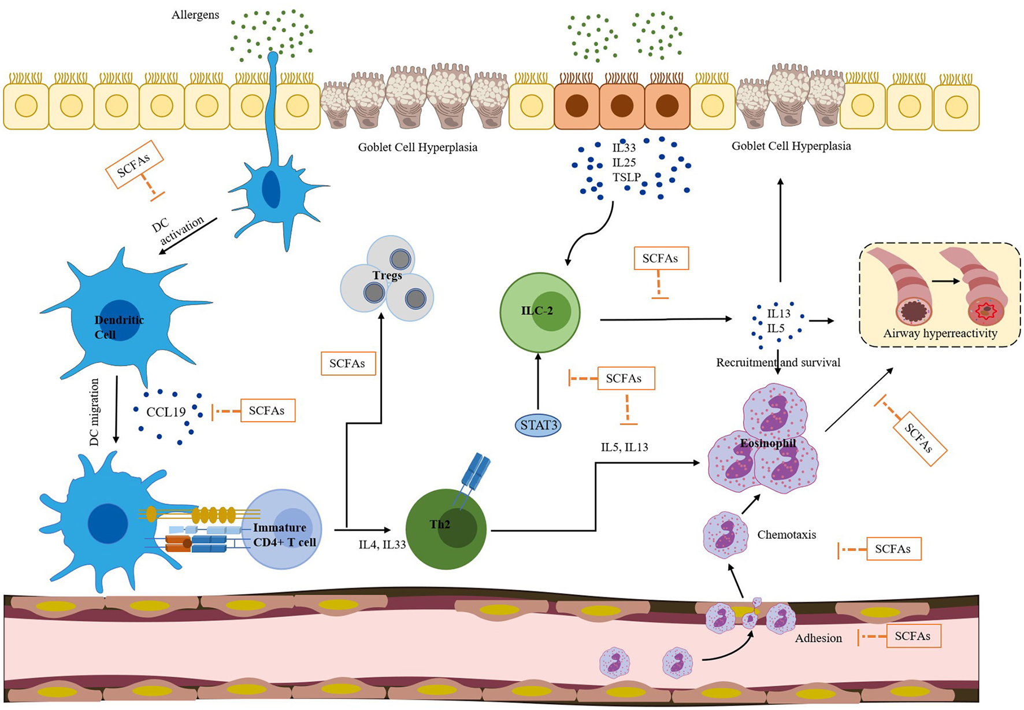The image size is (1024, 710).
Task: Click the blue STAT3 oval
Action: coord(538,426)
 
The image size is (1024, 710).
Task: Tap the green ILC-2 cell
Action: coord(540,312)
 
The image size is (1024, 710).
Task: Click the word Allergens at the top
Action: coord(195,15)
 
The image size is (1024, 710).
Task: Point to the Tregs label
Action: coord(387,275)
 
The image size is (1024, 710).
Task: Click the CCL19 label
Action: coord(166,412)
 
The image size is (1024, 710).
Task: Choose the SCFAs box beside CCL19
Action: coord(267,411)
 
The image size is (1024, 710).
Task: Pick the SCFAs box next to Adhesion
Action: coord(912,636)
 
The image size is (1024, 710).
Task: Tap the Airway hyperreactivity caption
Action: coord(940,334)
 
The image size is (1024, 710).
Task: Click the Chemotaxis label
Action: coord(786,535)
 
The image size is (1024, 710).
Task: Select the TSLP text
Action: coord(626,177)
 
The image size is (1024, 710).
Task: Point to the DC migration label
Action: coord(95,412)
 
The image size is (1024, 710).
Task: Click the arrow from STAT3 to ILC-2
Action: coord(538,382)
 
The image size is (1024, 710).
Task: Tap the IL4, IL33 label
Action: coord(382,545)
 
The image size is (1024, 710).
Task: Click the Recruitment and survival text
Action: coord(778,363)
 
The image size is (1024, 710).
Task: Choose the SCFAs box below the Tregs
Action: coord(348,364)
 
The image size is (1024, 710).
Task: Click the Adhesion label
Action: coord(818,638)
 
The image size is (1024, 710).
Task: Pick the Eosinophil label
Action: coord(768,443)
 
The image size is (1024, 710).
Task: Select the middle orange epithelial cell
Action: coord(622,106)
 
